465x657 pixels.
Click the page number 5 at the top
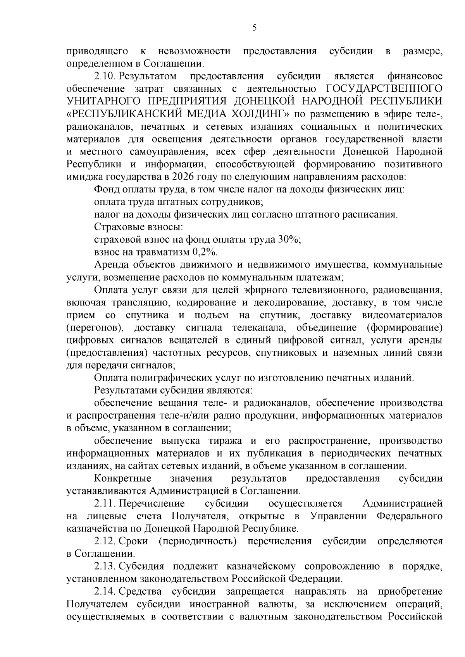click(x=254, y=27)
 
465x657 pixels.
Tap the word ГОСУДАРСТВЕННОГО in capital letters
click(x=385, y=88)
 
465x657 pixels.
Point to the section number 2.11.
click(x=105, y=503)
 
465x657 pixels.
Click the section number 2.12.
click(x=105, y=541)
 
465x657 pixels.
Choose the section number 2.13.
click(x=105, y=566)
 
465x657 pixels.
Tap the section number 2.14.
click(x=105, y=591)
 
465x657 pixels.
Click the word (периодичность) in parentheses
click(x=197, y=541)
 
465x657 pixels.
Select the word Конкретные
click(x=123, y=478)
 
